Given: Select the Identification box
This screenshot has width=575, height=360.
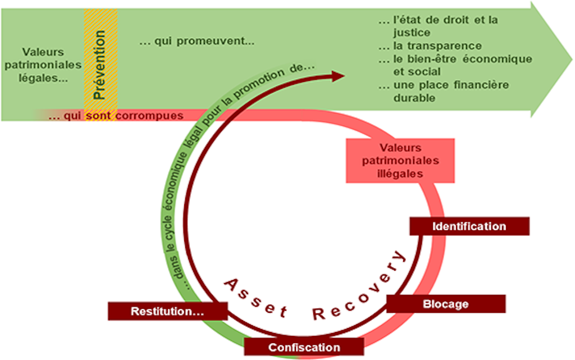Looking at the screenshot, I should tap(469, 226).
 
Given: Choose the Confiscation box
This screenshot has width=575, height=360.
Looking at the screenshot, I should tap(304, 347).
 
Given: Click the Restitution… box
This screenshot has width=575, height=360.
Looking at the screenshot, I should tap(167, 311).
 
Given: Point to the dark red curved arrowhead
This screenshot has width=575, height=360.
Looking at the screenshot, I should tap(337, 76).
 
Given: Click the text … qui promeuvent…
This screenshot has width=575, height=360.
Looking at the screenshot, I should tap(197, 42).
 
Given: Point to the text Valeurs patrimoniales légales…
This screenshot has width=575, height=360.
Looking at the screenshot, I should tap(43, 65).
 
